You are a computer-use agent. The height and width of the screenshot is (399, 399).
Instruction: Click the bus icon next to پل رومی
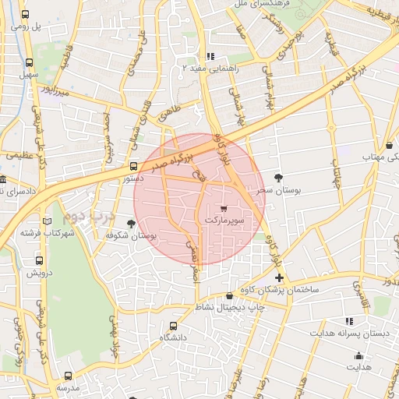tap(26, 15)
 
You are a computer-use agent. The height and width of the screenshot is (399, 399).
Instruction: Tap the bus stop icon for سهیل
tap(30, 63)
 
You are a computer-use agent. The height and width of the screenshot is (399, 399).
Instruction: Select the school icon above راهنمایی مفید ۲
tap(210, 56)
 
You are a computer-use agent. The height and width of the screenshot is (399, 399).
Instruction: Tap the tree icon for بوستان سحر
tap(279, 178)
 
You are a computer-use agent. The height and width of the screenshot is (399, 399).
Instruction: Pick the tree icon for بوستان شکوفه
tap(131, 224)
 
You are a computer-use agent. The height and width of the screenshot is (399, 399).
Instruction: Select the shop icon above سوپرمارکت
tap(224, 209)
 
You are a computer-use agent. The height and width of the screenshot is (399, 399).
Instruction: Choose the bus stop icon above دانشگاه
tap(173, 326)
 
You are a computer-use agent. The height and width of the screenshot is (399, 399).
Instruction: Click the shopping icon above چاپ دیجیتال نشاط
tap(228, 295)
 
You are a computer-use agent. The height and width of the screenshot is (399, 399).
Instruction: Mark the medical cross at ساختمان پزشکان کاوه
tap(280, 277)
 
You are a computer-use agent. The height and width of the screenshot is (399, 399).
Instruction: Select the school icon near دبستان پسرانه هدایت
tap(349, 321)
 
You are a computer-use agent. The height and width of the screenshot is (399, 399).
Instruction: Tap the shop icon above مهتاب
tap(389, 145)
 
